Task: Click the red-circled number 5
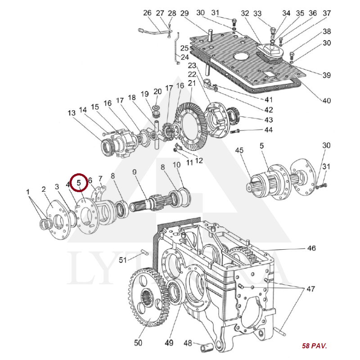coord(79,182)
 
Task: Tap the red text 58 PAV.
coord(315,346)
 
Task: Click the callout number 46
coord(311,248)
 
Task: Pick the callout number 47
coord(310,288)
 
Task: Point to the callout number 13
coord(72,112)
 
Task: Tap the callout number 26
coord(148,13)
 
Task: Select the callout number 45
coord(239,150)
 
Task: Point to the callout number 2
coord(44,189)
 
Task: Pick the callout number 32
coord(245,13)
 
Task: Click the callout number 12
coord(198,161)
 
